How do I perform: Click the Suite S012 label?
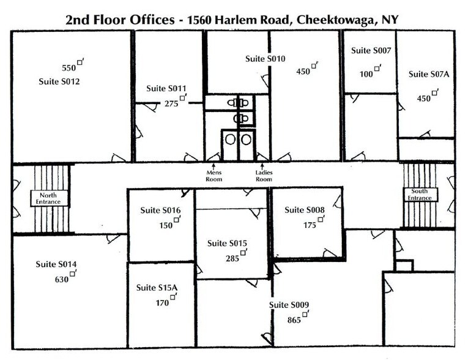point(59,81)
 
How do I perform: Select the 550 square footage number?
point(69,67)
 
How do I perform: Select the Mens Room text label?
point(213,176)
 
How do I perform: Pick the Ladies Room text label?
point(264,176)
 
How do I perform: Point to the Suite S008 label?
point(304,209)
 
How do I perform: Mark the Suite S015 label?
point(227,243)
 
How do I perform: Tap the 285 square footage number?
point(232,258)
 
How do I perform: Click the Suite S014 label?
point(56,264)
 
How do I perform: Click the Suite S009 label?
point(290,305)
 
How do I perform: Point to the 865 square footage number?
point(294,320)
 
